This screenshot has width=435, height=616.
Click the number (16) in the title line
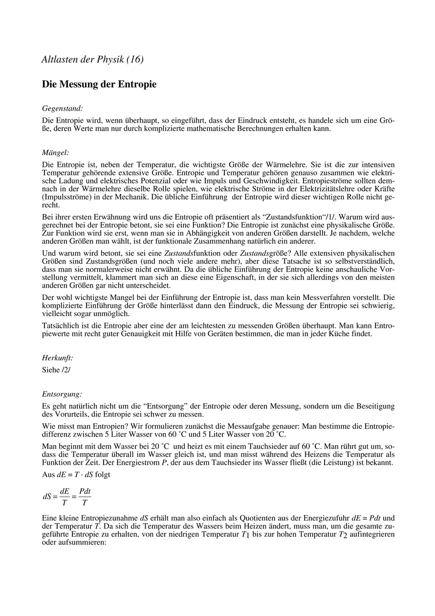pyautogui.click(x=134, y=60)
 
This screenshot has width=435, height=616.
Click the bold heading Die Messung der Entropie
pyautogui.click(x=99, y=84)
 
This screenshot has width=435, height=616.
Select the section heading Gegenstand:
pyautogui.click(x=62, y=108)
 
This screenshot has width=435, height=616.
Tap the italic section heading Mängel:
pyautogui.click(x=55, y=153)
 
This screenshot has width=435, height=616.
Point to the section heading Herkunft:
pyautogui.click(x=58, y=358)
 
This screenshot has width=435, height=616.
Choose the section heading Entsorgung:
pyautogui.click(x=62, y=393)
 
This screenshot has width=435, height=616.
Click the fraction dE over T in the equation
pyautogui.click(x=65, y=496)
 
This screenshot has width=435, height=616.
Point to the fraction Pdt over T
pyautogui.click(x=85, y=496)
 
